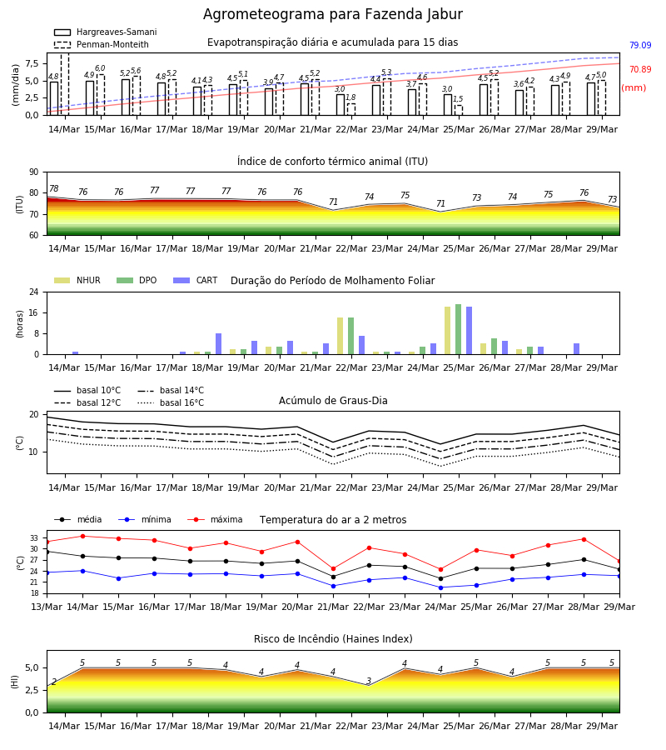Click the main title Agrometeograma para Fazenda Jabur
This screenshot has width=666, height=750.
coord(332,14)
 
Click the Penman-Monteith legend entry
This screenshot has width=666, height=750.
coord(102,44)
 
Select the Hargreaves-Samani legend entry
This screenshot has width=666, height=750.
coord(105,32)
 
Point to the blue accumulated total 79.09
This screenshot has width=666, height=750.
coord(640,46)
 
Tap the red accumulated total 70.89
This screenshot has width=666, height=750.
coord(640,69)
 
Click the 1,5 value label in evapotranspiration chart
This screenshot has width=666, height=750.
coord(458,99)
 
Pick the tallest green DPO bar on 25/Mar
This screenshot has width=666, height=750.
coord(458,329)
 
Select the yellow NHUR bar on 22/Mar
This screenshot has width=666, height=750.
coord(340,336)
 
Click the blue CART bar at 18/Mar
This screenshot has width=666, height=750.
coord(218,344)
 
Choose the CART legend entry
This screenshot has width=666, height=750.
coord(196,280)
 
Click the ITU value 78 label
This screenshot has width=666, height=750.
coord(53,188)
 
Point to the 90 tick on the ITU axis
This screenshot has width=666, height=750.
coord(34,172)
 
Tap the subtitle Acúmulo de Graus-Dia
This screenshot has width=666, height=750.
coord(333,401)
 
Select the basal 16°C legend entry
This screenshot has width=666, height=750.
coord(171,402)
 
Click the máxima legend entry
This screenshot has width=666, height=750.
coord(215,519)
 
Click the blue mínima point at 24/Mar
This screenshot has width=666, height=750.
coord(440,587)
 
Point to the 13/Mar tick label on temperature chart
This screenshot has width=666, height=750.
coord(47,607)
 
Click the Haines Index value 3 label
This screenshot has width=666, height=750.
coord(369,681)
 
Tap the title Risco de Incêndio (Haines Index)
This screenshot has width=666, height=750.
coord(333,639)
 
